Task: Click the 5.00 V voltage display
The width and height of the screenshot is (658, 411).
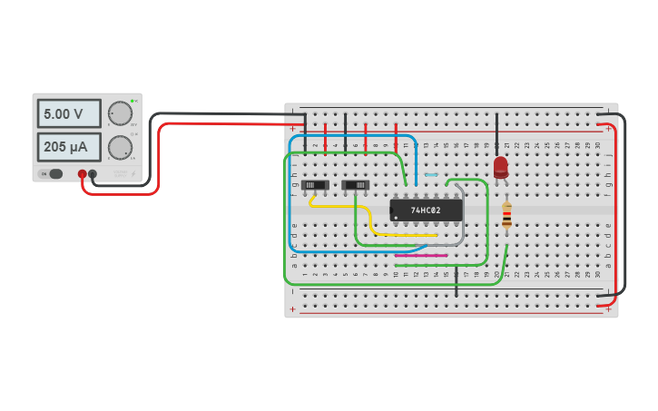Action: pyautogui.click(x=68, y=114)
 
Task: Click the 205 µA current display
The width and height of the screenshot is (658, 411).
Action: pyautogui.click(x=68, y=146)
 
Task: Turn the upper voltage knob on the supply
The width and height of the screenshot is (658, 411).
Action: pyautogui.click(x=119, y=113)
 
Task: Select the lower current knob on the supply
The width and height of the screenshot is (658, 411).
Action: pyautogui.click(x=119, y=147)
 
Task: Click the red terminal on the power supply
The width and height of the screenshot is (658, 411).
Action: pyautogui.click(x=82, y=173)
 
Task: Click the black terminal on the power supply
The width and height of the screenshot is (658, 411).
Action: pyautogui.click(x=93, y=173)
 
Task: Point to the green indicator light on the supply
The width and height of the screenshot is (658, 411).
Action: pyautogui.click(x=133, y=101)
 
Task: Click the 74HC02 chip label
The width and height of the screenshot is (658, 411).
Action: pyautogui.click(x=426, y=210)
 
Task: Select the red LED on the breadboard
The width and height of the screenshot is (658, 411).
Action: pyautogui.click(x=501, y=166)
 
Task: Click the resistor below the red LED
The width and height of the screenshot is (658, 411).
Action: pyautogui.click(x=506, y=215)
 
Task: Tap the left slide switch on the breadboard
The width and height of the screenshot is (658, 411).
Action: pyautogui.click(x=315, y=185)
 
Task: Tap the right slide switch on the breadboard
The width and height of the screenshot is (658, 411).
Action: pyautogui.click(x=355, y=185)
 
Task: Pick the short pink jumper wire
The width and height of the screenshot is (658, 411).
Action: pyautogui.click(x=421, y=255)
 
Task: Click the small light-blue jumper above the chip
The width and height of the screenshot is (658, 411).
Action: pyautogui.click(x=431, y=174)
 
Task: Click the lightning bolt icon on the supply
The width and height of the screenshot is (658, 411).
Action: pyautogui.click(x=133, y=173)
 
